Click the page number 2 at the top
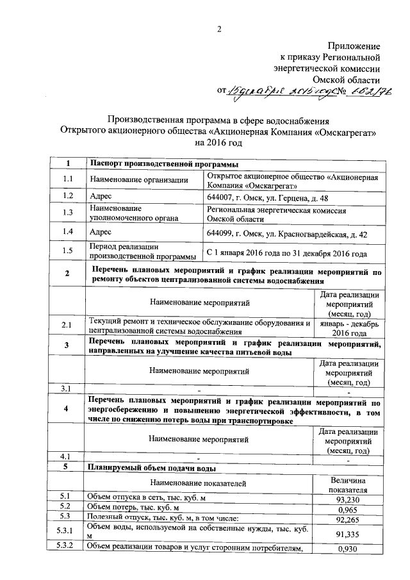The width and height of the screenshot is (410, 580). click(x=218, y=28)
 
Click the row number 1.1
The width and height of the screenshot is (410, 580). click(x=68, y=179)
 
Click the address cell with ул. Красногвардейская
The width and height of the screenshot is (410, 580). click(x=288, y=234)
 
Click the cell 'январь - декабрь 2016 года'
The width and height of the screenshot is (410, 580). click(x=349, y=328)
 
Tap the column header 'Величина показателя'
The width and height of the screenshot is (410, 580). click(x=348, y=485)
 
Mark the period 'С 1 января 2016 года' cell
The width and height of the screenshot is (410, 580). click(x=287, y=254)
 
